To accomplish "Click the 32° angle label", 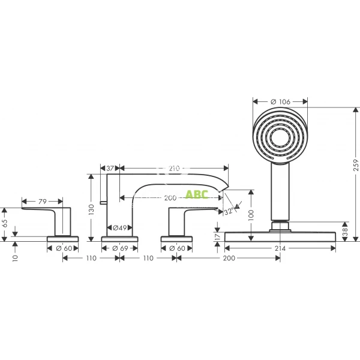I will point(229,211).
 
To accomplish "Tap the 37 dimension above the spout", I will point(110,169).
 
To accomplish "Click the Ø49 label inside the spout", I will point(119,228).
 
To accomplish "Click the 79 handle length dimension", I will point(42,202).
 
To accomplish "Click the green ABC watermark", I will point(196,194).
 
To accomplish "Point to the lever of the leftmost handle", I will point(42,211).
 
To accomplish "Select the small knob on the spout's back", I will point(103,204).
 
